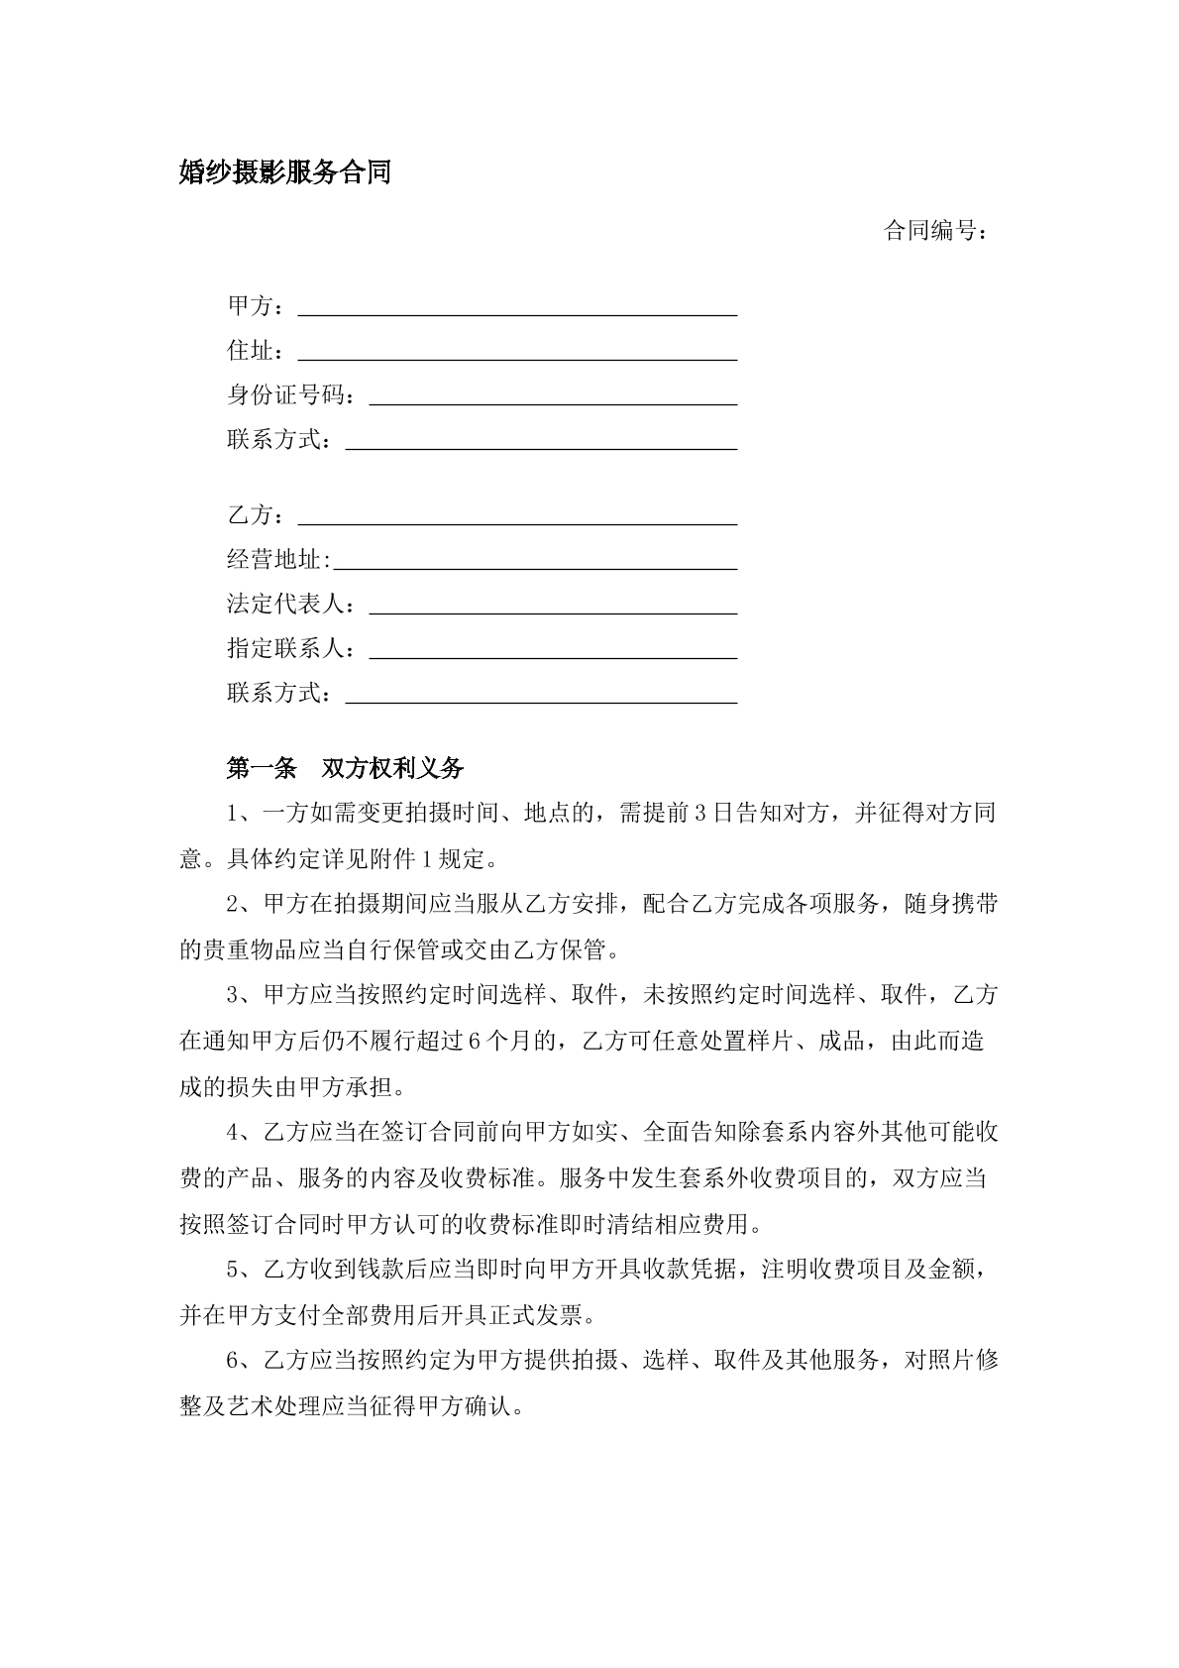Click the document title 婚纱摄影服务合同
pos(285,173)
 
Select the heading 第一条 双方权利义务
pos(345,768)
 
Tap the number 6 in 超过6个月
pos(473,1042)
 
